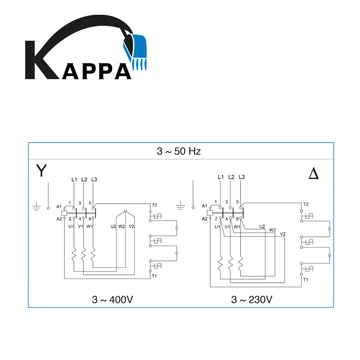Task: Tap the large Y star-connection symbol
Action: pos(41,171)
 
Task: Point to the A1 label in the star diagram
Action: pos(59,206)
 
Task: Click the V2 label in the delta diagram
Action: pos(283,234)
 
